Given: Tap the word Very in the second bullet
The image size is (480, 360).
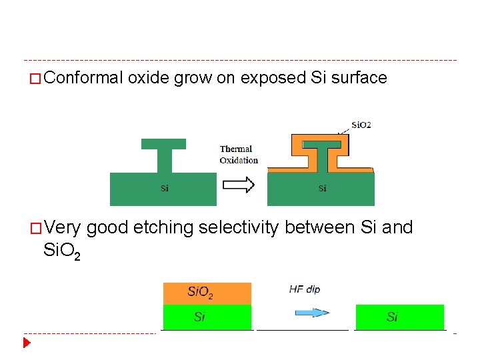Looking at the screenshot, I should coord(63,228).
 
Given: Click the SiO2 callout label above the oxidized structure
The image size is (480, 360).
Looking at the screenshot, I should coord(361,125).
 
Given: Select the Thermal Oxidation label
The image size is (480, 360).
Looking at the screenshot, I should coord(238,154).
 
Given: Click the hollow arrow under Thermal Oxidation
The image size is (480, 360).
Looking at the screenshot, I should coord(238,184).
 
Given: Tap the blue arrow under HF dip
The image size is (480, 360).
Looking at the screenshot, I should coord(312,312).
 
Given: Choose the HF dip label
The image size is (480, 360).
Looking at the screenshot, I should coord(305,289).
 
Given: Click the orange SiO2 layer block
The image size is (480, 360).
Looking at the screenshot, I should coord(207,293).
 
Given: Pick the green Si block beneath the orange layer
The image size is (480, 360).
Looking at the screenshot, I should coord(207,317).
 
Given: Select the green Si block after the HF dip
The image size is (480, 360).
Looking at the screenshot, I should coord(399,317).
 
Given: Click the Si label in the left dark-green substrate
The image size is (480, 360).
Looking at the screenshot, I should coord(164,188).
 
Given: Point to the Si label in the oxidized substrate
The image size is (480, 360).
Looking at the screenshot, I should coord(322,188).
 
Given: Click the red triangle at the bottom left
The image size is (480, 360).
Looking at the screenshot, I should coord(27,343).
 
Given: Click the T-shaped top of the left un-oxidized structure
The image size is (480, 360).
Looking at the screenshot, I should coord(163,143).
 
